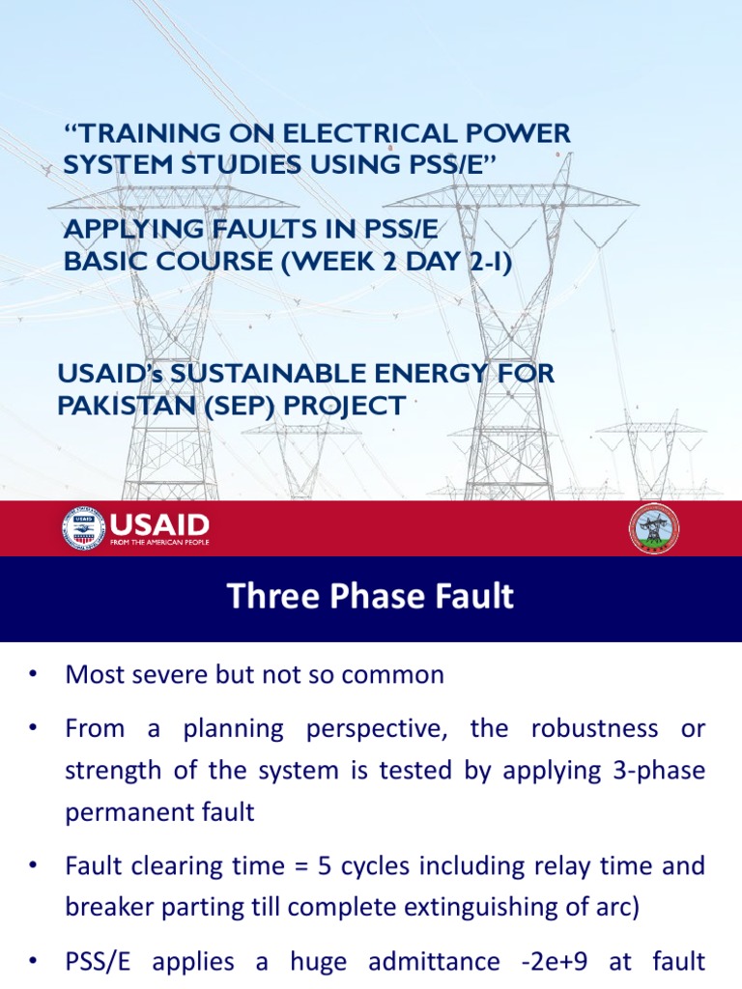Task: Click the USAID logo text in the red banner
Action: (x=159, y=525)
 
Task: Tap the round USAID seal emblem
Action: (x=84, y=528)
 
